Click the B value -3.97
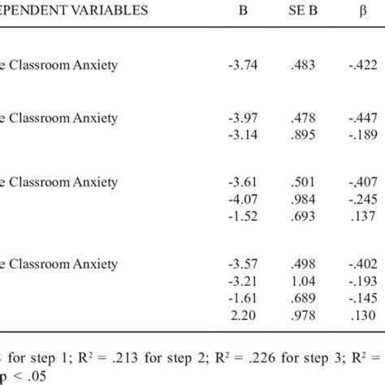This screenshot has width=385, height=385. (x=241, y=118)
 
